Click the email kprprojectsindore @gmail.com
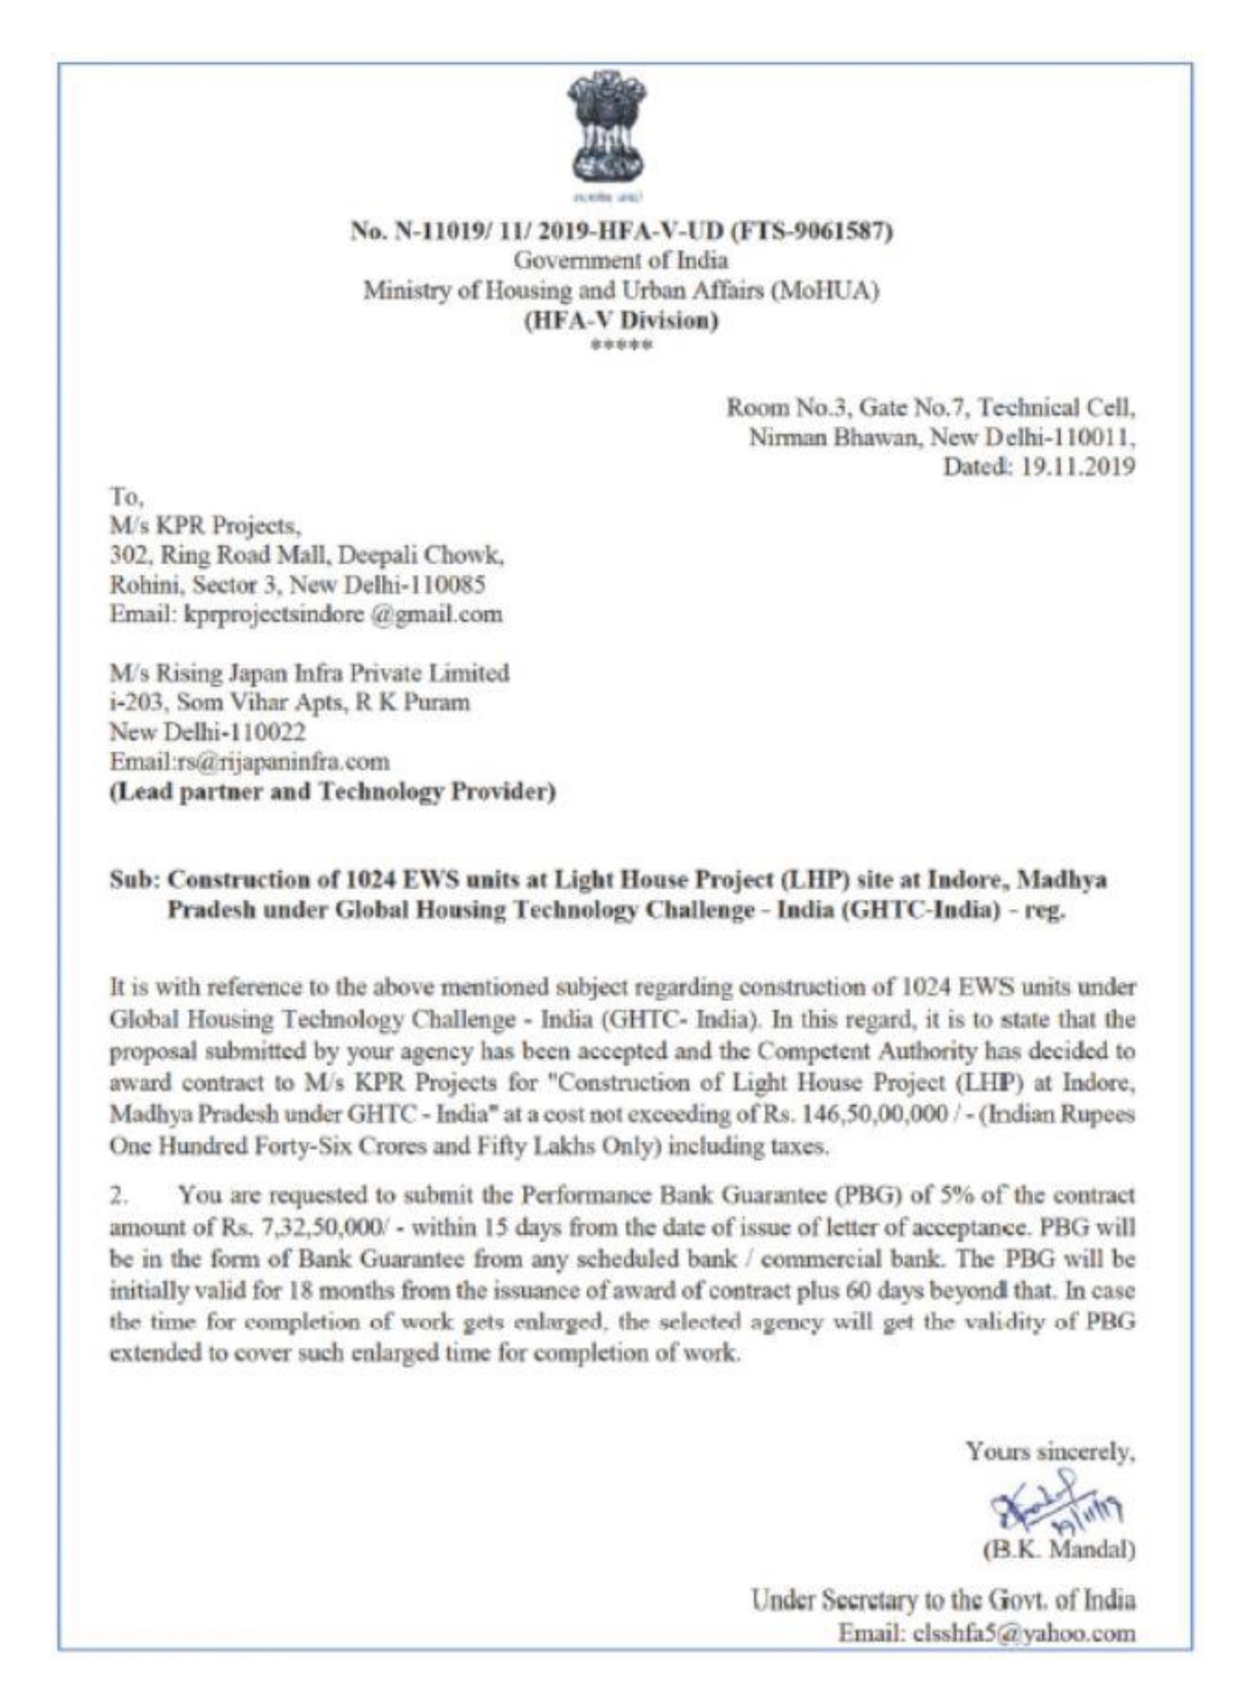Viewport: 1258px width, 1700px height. coord(305,614)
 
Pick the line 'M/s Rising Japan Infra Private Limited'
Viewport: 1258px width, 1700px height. coord(309,673)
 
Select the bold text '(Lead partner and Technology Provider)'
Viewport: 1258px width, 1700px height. coord(332,792)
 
